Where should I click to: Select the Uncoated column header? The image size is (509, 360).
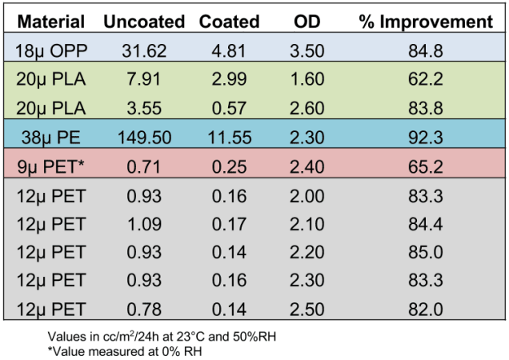[x=144, y=22]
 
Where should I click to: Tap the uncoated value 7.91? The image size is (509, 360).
[x=145, y=80]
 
